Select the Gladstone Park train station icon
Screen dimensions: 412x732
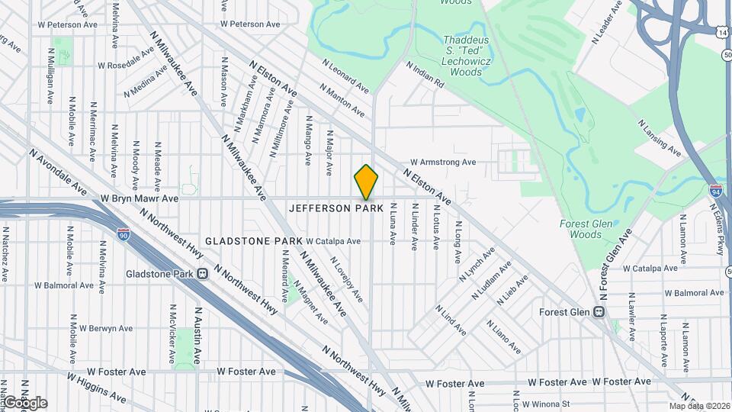(x=203, y=273)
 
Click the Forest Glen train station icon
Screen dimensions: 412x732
(x=599, y=312)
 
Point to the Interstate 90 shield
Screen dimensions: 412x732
(x=124, y=236)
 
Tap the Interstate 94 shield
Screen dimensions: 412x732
(x=716, y=190)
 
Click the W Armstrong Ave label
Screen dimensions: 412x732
(x=442, y=162)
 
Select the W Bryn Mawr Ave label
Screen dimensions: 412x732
(x=139, y=198)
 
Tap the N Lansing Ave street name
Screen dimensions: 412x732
(x=660, y=138)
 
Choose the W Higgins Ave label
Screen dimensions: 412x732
(x=95, y=387)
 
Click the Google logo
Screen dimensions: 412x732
(x=24, y=403)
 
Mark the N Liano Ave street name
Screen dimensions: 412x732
(x=504, y=336)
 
